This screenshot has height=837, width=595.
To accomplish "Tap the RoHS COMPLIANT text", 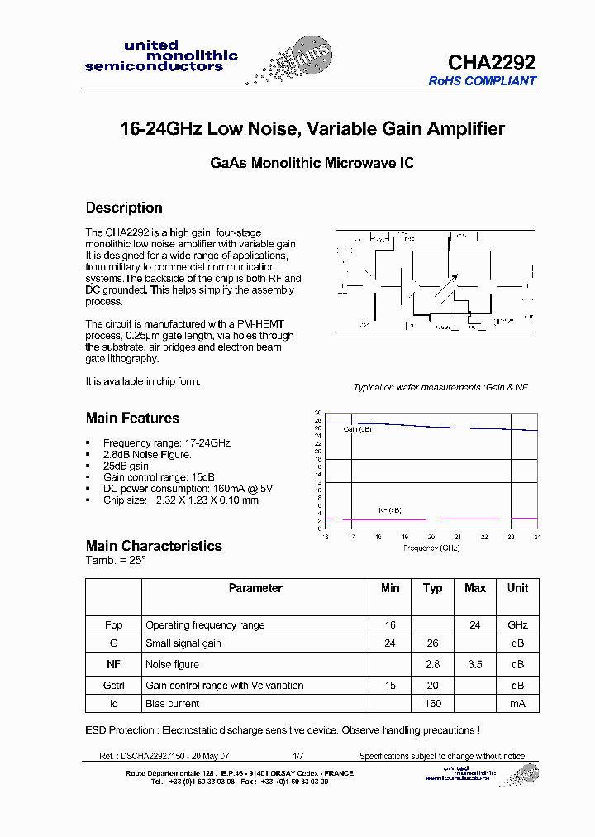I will (482, 81).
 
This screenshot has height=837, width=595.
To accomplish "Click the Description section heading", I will (124, 208).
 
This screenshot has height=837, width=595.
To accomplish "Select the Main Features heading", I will (132, 418).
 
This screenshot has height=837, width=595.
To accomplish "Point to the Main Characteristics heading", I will (154, 546).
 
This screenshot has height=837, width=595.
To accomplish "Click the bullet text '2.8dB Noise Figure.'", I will (147, 454).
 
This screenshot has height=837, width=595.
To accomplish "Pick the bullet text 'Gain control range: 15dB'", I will (159, 477).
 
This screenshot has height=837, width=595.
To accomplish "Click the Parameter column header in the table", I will (255, 588).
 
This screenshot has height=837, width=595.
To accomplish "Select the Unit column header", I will (517, 588).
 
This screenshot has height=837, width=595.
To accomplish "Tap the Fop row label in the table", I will (113, 625).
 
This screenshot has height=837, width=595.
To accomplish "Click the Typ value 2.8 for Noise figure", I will (432, 664).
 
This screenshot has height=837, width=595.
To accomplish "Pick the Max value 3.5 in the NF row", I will (475, 664).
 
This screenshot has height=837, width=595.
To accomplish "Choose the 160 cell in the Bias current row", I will (432, 704).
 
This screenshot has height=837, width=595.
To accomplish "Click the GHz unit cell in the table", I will (517, 625).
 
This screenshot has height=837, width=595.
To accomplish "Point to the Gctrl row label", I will (113, 685).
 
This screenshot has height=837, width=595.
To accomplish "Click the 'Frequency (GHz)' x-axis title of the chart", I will (431, 548).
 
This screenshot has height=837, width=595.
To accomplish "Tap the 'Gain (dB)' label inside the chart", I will (358, 429).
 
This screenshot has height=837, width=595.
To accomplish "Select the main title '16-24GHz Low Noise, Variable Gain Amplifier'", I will (312, 129).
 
